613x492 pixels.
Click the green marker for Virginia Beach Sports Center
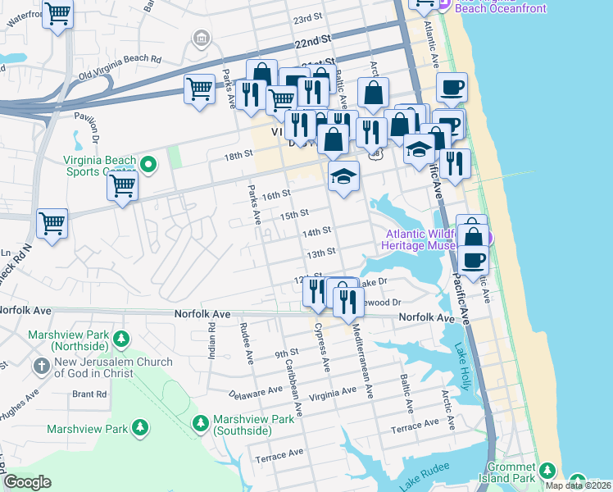coord(148,165)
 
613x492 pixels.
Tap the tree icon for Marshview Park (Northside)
coord(121,339)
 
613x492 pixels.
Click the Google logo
coord(27,482)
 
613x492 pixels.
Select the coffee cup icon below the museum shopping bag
coord(472,260)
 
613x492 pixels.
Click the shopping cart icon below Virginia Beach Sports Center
coord(122,186)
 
